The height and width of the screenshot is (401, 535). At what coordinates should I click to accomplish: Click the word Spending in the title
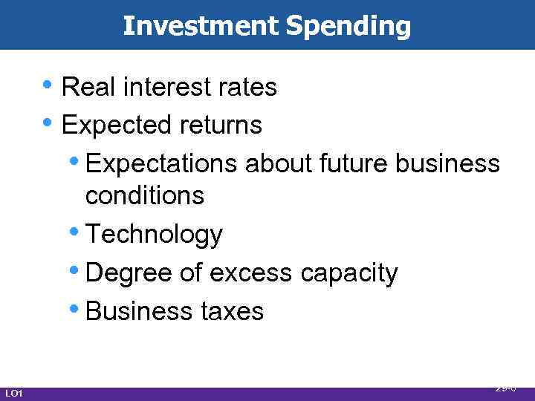pyautogui.click(x=348, y=26)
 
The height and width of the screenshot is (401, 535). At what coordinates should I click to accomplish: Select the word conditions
pyautogui.click(x=144, y=196)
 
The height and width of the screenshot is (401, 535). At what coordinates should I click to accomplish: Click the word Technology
pyautogui.click(x=154, y=235)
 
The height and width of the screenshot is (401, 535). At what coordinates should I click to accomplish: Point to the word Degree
pyautogui.click(x=129, y=273)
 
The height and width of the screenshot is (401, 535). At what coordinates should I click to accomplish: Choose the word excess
pyautogui.click(x=252, y=273)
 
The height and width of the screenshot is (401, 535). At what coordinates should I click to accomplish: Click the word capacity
pyautogui.click(x=349, y=273)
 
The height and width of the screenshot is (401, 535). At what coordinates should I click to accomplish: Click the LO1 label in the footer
pyautogui.click(x=13, y=393)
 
